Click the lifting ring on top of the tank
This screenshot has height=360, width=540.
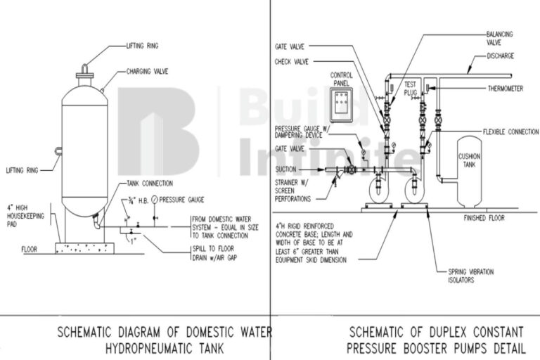click(x=84, y=67)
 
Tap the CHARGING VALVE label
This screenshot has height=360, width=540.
click(x=146, y=71)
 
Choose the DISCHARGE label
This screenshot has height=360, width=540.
click(x=501, y=56)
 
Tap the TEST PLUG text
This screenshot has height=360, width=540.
click(x=411, y=89)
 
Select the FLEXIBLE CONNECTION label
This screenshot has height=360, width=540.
click(x=510, y=131)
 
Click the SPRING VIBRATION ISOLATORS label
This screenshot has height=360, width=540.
click(x=470, y=275)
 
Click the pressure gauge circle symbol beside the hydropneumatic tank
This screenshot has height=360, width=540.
click(x=154, y=200)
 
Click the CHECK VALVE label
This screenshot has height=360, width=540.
click(x=293, y=61)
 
